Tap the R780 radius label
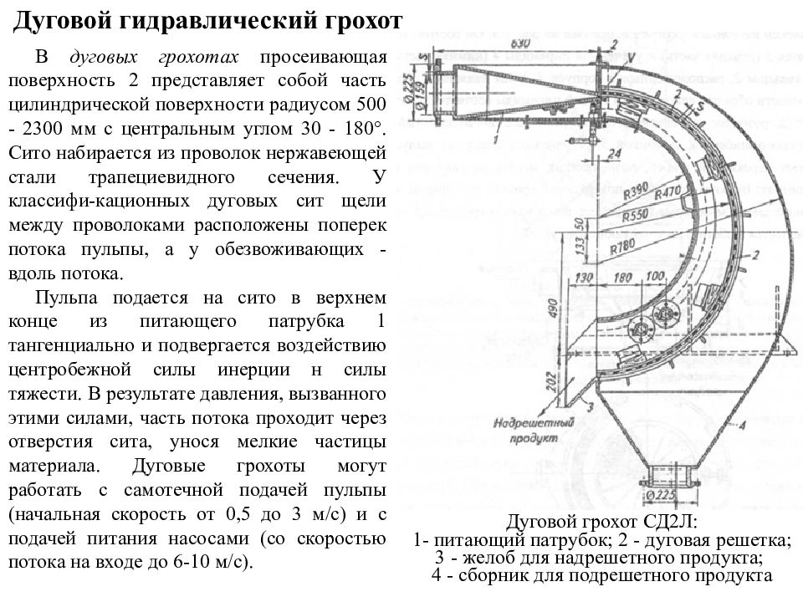[x=624, y=246]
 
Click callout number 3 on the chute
[x=591, y=407]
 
